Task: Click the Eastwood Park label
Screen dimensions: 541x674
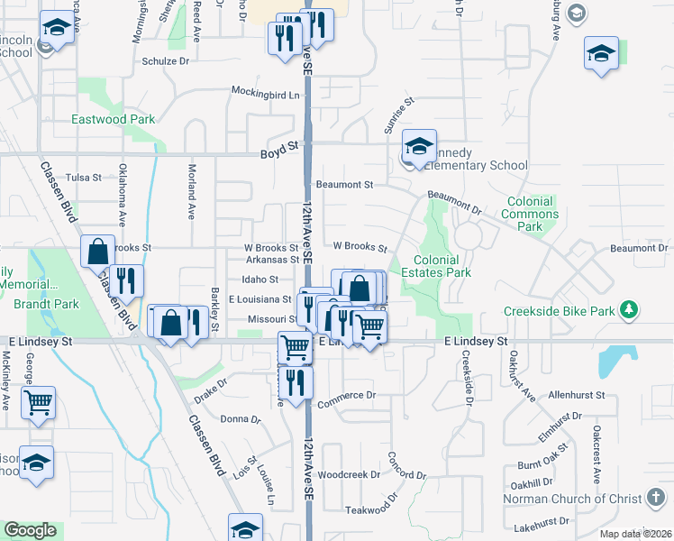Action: [114, 119]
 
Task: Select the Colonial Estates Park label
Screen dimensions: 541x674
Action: [436, 266]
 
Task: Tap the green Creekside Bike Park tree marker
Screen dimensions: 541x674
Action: [629, 311]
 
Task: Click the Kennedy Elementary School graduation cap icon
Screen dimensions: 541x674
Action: [418, 147]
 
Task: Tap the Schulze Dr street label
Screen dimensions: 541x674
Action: [166, 62]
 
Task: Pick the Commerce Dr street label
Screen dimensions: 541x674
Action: [345, 395]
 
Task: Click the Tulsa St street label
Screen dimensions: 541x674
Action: [84, 178]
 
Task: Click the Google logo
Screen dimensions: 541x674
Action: [30, 531]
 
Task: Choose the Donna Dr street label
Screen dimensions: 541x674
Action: [241, 419]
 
